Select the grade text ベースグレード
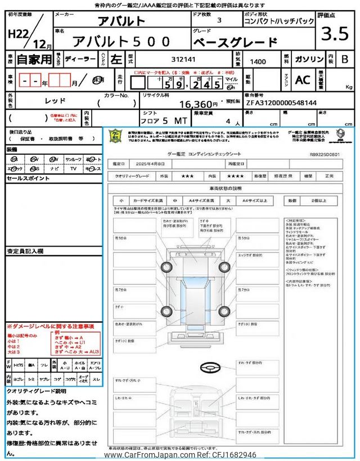(x=235, y=41)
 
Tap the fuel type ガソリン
(x=309, y=57)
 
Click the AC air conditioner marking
(x=302, y=80)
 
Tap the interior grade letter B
(x=345, y=58)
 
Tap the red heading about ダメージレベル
(x=51, y=326)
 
